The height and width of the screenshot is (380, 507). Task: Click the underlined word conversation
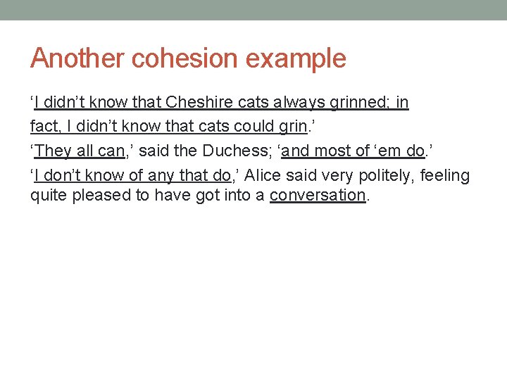pyautogui.click(x=318, y=196)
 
